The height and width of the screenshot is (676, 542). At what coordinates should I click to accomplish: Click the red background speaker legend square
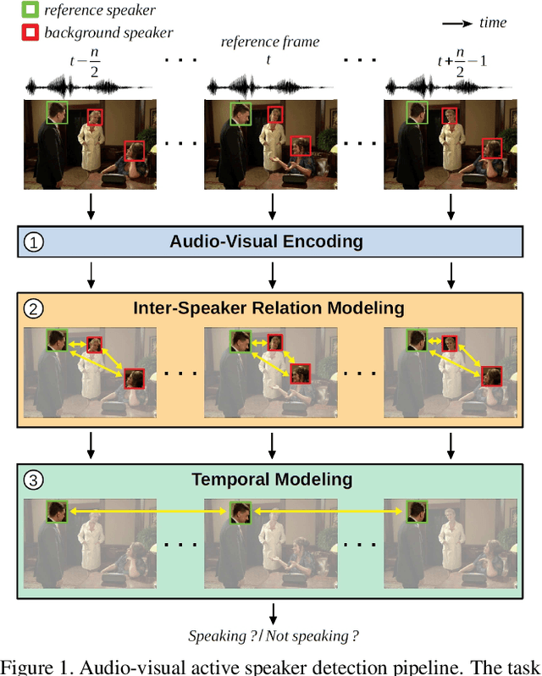click(x=29, y=33)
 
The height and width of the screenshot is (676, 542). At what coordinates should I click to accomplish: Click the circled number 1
click(x=33, y=242)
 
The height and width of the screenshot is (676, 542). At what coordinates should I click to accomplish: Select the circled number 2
click(x=33, y=309)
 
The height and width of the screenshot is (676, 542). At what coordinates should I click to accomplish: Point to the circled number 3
click(x=33, y=479)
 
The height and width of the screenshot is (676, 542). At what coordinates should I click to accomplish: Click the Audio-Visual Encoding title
click(x=266, y=242)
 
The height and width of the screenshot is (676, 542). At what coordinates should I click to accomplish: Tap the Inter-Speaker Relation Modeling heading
click(x=268, y=309)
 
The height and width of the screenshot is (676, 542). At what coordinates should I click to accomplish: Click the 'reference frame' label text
click(x=269, y=42)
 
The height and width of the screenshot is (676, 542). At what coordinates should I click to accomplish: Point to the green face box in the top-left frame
click(x=58, y=113)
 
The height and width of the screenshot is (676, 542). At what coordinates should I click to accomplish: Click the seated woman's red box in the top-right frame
click(x=492, y=149)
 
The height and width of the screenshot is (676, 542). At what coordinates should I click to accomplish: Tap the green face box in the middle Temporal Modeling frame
click(x=239, y=511)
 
